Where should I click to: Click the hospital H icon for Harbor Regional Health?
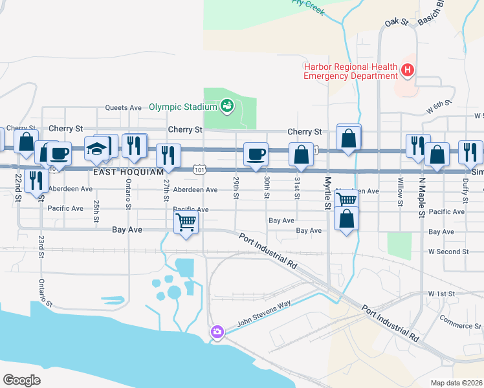408,70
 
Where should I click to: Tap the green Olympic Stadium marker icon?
226,105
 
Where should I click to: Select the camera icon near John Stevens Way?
217,332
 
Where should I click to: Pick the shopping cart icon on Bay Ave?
186,222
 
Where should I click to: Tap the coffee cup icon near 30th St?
256,154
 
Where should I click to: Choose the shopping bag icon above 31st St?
302,154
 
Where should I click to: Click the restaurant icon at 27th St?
168,155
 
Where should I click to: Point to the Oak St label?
397,23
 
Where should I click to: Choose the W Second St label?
447,252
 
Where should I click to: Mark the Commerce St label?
460,321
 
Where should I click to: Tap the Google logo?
21,380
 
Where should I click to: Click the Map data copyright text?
456,383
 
